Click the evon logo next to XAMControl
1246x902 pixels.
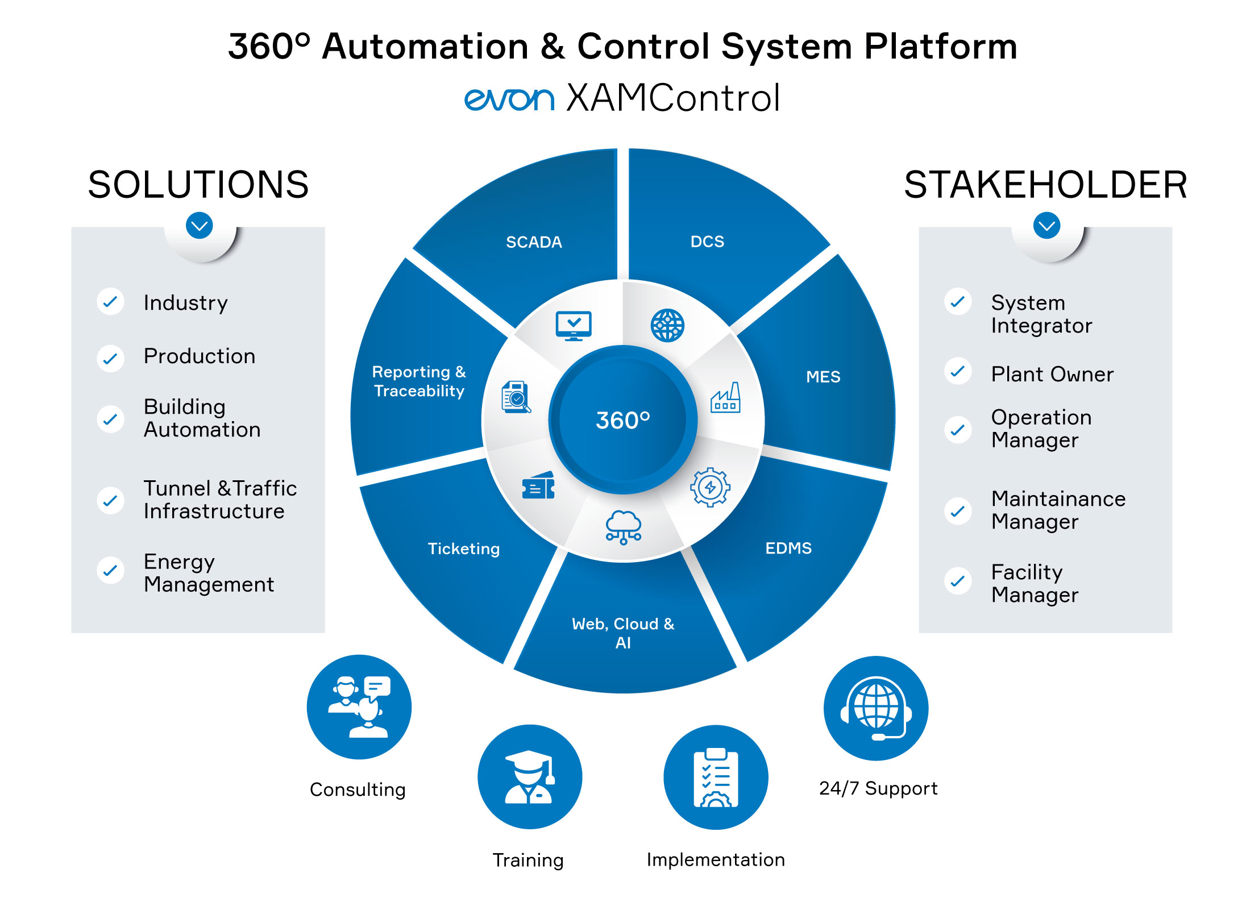[x=509, y=99]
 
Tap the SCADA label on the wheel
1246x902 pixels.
[x=534, y=242]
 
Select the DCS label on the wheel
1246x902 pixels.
[x=707, y=242]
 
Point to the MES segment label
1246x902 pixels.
[x=823, y=377]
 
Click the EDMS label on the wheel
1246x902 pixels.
[x=788, y=548]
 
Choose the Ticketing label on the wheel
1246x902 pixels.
[x=464, y=549]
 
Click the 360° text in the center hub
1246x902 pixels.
[x=622, y=420]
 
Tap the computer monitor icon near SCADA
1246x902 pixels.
[x=574, y=326]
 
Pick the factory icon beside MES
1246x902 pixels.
[x=726, y=397]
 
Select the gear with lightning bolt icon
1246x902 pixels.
[x=710, y=487]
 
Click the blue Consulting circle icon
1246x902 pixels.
[x=359, y=707]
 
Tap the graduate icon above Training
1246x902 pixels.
[x=530, y=777]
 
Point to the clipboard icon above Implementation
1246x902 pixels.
[x=716, y=777]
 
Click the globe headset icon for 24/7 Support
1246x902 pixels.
[x=876, y=708]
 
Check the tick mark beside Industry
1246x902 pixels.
[x=110, y=301]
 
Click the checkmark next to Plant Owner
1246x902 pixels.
[x=958, y=371]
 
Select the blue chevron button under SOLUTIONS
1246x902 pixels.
[x=200, y=226]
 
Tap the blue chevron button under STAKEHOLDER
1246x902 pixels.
[x=1047, y=226]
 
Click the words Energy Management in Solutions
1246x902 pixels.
[x=209, y=573]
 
